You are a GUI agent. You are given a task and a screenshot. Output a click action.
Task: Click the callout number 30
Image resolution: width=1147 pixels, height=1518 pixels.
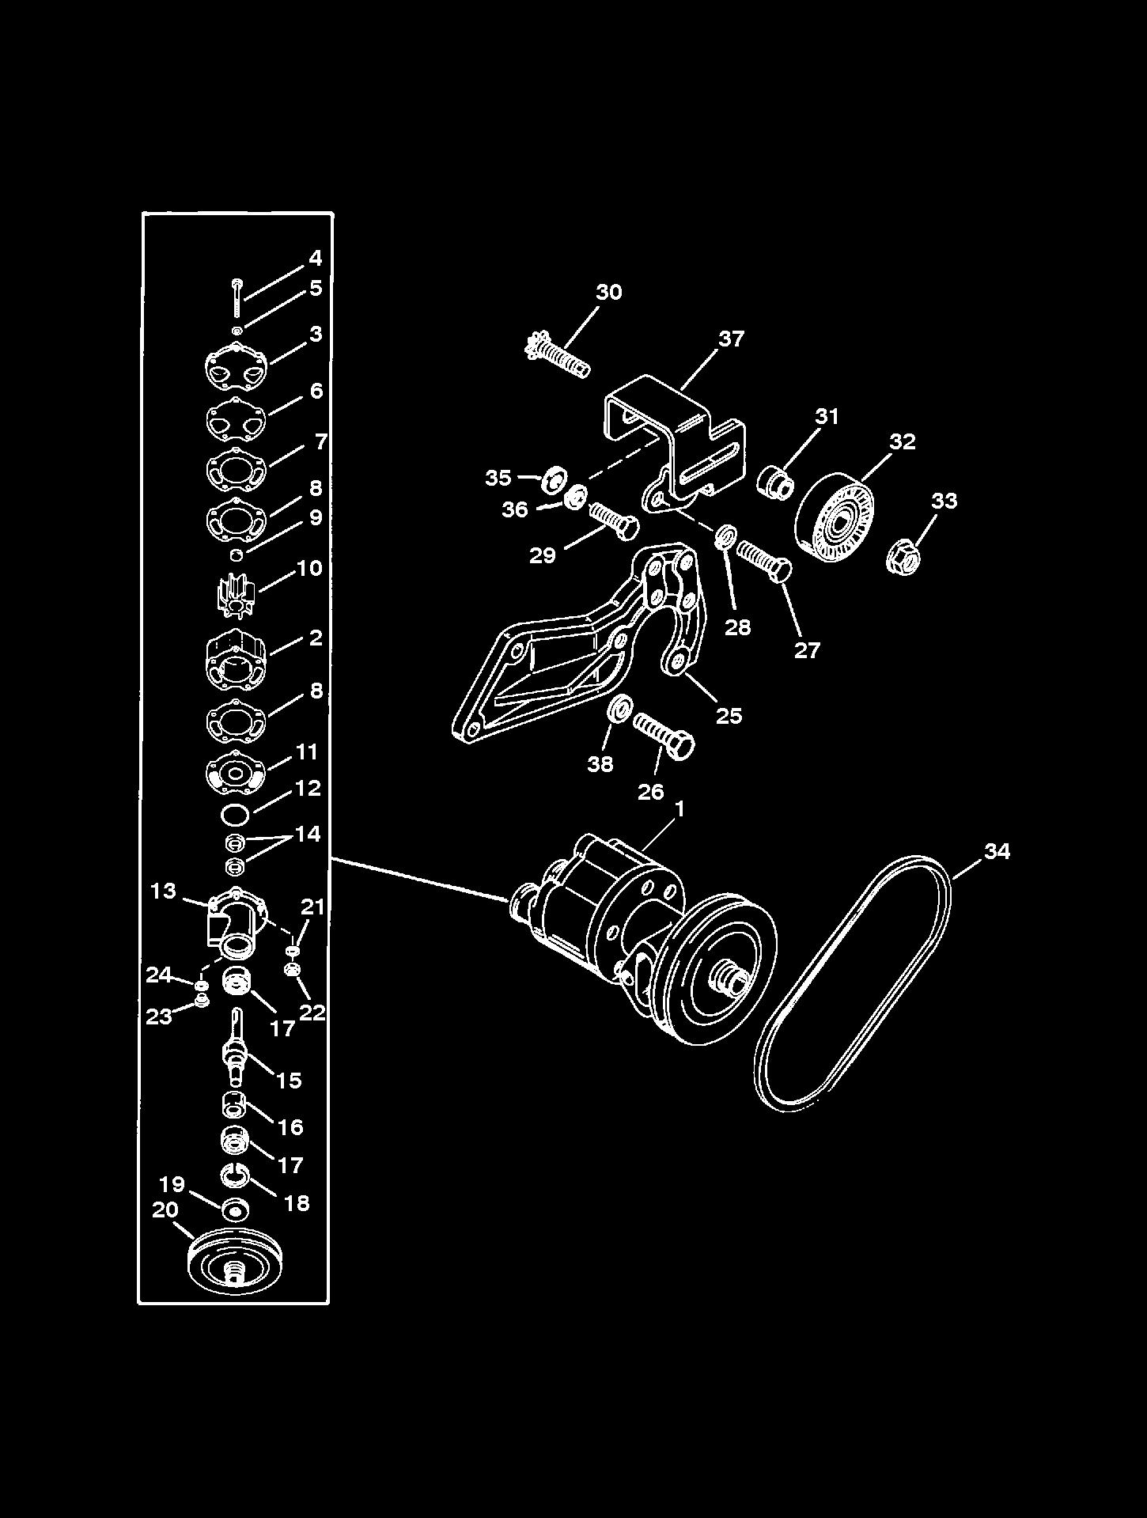pos(608,292)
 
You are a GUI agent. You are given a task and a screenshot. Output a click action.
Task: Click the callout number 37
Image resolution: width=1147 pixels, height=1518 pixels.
pos(731,339)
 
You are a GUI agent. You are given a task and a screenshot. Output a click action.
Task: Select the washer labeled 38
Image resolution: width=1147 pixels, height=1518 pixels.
pos(620,709)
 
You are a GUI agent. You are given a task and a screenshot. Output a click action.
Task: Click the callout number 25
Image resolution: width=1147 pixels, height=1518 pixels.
pos(729,715)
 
